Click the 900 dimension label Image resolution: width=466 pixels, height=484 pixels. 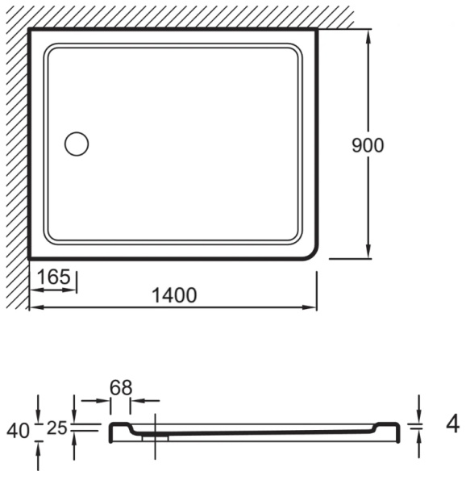368,145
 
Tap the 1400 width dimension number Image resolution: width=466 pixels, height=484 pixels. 175,295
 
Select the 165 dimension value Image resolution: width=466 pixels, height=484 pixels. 54,277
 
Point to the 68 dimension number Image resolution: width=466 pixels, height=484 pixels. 121,388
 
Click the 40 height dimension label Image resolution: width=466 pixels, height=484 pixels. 19,431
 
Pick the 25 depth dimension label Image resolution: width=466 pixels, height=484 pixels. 57,428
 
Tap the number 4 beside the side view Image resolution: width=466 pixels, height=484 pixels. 453,425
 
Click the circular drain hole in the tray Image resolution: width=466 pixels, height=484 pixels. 77,144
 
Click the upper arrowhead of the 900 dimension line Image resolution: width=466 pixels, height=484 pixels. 368,37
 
